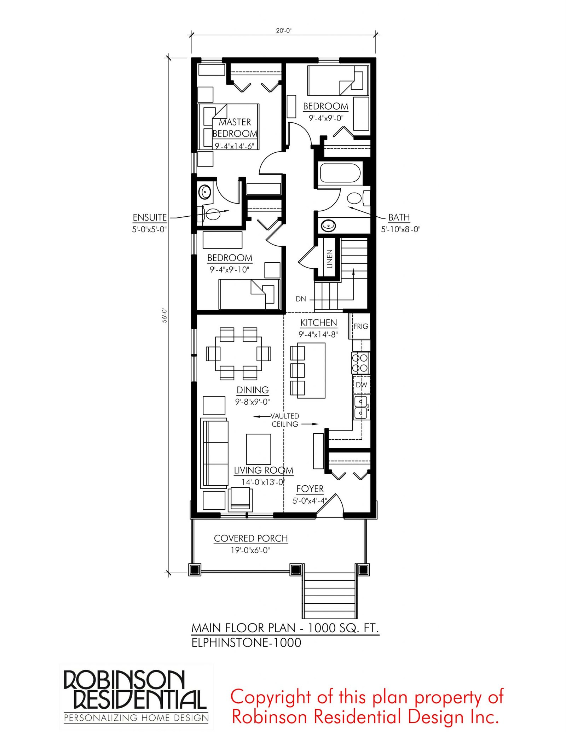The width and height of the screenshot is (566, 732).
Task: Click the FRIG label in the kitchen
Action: tap(360, 326)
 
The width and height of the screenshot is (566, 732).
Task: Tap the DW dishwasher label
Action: tap(361, 385)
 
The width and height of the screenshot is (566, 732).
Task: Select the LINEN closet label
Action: tap(329, 258)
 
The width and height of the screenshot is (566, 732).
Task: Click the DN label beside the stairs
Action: tap(301, 299)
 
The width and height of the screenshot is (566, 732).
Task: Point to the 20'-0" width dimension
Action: tap(284, 31)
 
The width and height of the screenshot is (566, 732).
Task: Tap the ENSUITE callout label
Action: tap(150, 217)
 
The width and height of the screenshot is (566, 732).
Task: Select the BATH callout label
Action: tap(399, 217)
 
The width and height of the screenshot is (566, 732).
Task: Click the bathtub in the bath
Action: tap(340, 173)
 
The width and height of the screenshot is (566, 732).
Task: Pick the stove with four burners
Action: tap(360, 363)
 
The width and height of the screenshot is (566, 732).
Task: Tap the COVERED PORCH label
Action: tap(251, 538)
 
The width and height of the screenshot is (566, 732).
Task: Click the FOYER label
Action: tap(310, 489)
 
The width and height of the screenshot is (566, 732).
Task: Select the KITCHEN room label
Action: tap(319, 323)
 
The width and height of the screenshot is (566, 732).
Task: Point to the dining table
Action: tap(239, 353)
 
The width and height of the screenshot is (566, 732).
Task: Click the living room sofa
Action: tap(214, 453)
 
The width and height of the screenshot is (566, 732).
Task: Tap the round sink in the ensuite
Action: tap(205, 192)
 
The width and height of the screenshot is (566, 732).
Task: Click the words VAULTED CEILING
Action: tap(285, 420)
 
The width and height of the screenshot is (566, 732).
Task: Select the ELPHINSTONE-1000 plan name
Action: tap(246, 643)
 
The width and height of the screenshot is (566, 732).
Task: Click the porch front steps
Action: tap(329, 595)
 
